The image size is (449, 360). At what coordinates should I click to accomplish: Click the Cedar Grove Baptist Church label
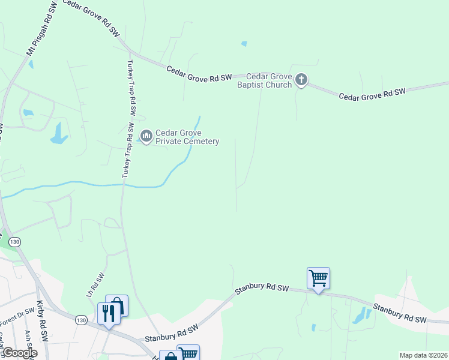point(264,80)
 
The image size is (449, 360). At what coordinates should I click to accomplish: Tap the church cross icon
point(301,80)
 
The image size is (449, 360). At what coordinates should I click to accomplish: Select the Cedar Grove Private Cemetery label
point(187,137)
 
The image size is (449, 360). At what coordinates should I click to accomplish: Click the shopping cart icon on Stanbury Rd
point(318,278)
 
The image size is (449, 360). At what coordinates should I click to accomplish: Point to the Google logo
point(19,353)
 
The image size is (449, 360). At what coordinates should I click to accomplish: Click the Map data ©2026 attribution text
point(423,355)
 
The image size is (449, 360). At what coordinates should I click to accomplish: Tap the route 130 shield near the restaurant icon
point(81,320)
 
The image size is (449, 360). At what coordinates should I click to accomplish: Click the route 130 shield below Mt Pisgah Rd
point(15,241)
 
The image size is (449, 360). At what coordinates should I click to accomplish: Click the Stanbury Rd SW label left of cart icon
point(262,288)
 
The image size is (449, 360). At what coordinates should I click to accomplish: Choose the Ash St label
point(28,340)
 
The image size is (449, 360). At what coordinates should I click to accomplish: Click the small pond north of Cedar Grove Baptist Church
point(244,43)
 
